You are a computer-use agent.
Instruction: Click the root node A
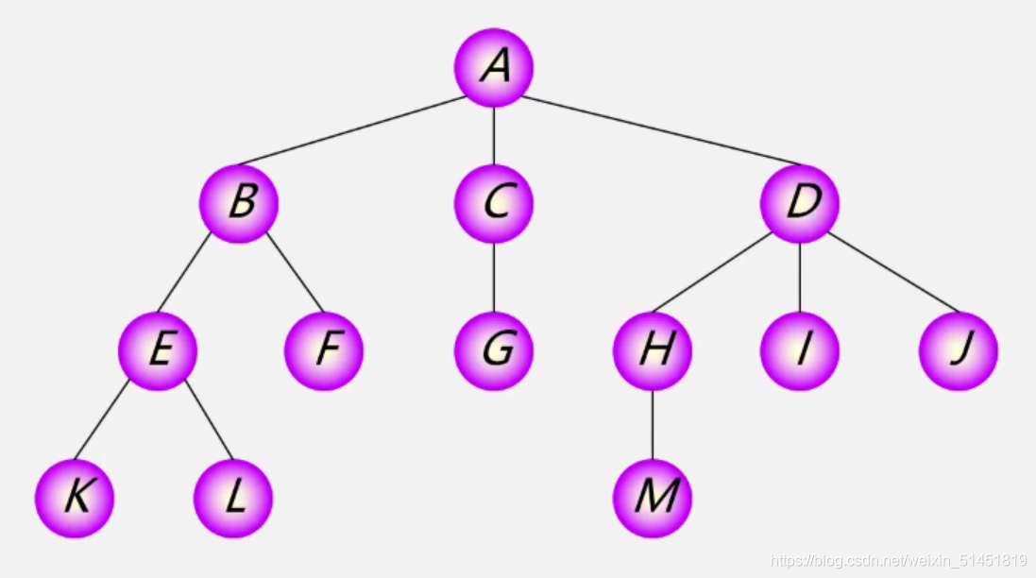click(494, 67)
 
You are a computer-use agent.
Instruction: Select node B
click(239, 203)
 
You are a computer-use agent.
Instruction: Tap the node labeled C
click(494, 203)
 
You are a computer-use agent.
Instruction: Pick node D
click(800, 203)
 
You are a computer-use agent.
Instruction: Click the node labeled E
click(158, 350)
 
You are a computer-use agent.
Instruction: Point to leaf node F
click(324, 350)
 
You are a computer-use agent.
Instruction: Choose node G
click(494, 350)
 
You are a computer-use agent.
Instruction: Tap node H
click(653, 350)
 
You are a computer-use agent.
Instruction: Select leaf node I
click(800, 350)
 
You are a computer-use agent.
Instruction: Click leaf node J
click(959, 350)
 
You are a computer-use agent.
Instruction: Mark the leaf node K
click(75, 498)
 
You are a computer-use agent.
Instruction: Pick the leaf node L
click(233, 498)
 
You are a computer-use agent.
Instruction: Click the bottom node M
click(653, 498)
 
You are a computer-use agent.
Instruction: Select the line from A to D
click(661, 130)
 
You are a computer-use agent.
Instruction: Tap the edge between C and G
click(494, 277)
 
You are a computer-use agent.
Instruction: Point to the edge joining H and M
click(653, 424)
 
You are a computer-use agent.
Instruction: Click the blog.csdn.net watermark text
click(898, 560)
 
